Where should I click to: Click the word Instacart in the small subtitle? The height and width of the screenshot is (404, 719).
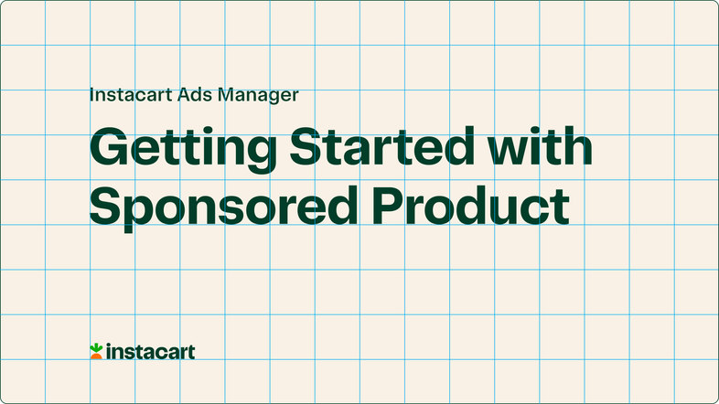[x=125, y=93]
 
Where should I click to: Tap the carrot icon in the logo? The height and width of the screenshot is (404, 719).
[x=95, y=351]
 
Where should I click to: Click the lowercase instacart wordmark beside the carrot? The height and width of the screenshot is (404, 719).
[x=150, y=351]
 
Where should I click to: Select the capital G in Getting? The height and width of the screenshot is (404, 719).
[x=109, y=147]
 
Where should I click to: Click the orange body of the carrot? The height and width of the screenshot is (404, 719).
[x=95, y=356]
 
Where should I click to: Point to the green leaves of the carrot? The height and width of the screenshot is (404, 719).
[x=95, y=346]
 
